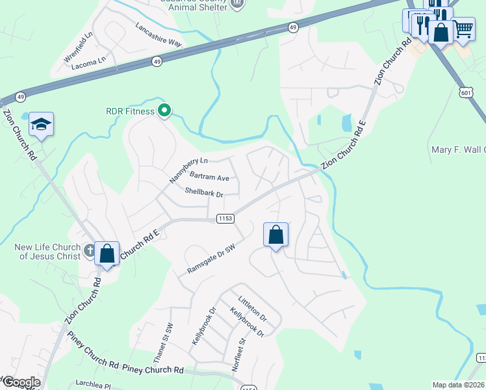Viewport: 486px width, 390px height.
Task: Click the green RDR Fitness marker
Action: coord(164,111)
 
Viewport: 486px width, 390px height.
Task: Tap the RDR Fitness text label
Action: coord(130,111)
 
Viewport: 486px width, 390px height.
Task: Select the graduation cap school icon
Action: coord(41,123)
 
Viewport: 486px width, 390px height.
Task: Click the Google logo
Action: coord(21,382)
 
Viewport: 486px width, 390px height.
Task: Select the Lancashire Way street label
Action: coord(159,34)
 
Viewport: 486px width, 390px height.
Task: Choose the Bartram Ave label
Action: coord(209,177)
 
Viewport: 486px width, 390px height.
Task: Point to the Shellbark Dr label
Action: coord(203,193)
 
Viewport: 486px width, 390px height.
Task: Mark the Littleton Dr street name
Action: coord(253,308)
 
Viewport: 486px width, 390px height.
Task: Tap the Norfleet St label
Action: coord(237,354)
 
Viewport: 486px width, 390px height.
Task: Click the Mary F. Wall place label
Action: coord(459,150)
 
